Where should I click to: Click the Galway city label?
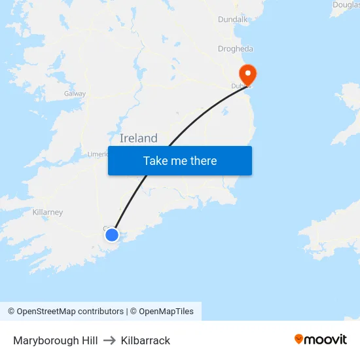[x=75, y=94]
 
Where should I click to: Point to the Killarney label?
[x=47, y=212]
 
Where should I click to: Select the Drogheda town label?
[x=235, y=48]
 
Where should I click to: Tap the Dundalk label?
[x=232, y=20]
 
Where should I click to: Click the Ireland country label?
[x=139, y=138]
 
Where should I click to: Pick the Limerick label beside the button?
[x=98, y=154]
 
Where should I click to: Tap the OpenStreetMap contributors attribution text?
[x=70, y=312]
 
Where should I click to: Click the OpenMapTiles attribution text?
[x=166, y=312]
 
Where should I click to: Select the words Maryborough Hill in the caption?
[x=56, y=340]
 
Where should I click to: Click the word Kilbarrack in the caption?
[x=145, y=340]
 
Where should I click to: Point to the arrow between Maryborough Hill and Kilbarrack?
[x=109, y=340]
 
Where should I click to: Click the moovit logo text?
[x=325, y=339]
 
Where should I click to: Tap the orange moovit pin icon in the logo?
[x=299, y=339]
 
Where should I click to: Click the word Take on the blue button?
[x=155, y=161]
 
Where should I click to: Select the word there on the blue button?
[x=203, y=161]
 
